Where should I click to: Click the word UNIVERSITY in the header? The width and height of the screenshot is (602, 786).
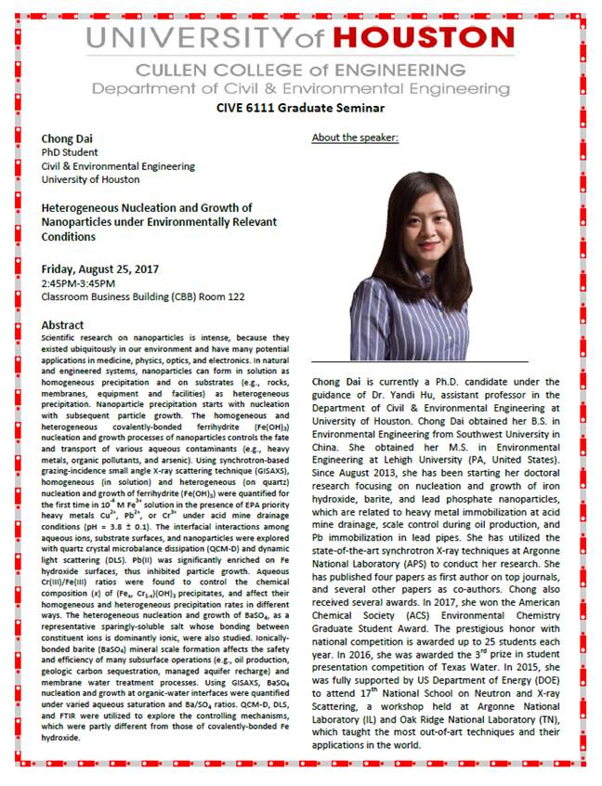pos(194,40)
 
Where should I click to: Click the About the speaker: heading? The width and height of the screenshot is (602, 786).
pos(355,138)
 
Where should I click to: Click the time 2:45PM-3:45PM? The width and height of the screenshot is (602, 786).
pos(79,283)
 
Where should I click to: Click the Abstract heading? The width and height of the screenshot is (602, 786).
pos(62,325)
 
